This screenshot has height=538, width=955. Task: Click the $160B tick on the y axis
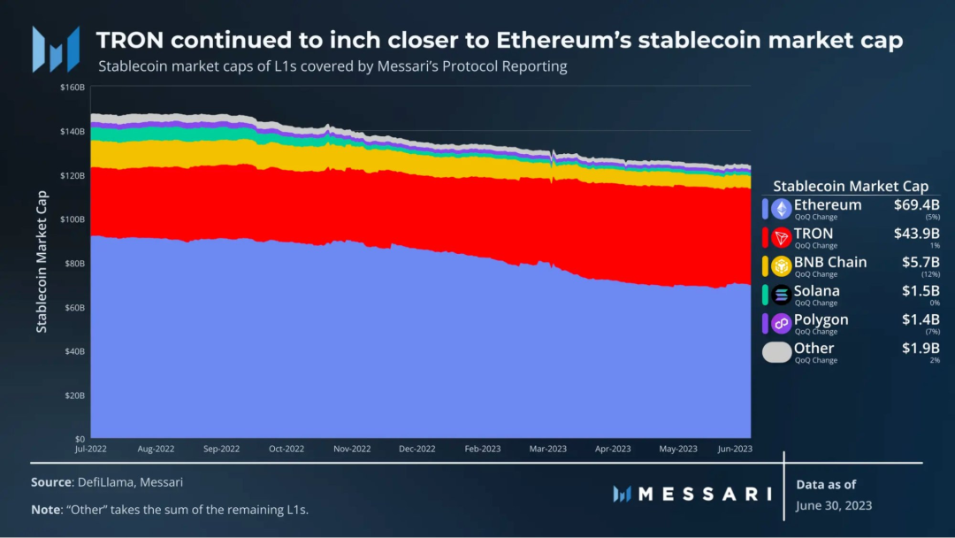(x=73, y=87)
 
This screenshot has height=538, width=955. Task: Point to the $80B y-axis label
(x=74, y=263)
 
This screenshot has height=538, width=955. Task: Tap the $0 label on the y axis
(x=80, y=439)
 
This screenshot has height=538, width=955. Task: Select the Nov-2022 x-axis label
(x=352, y=449)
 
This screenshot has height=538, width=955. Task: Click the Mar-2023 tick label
(x=547, y=449)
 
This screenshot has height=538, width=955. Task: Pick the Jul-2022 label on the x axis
(x=91, y=449)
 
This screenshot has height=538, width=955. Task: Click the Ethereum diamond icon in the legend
(x=782, y=209)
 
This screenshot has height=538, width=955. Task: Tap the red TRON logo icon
(x=782, y=238)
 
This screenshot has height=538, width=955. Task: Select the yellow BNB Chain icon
(x=782, y=266)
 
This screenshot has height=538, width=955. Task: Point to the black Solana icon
(x=782, y=295)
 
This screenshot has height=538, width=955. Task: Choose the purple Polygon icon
(x=782, y=324)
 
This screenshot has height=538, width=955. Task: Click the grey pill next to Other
(x=777, y=352)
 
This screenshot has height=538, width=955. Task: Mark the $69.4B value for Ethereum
(x=917, y=204)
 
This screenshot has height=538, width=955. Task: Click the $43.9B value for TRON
(x=917, y=234)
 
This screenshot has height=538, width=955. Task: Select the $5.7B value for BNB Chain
(x=921, y=262)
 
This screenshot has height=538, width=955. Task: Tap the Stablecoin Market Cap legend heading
(x=851, y=186)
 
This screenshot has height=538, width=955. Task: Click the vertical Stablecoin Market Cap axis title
(x=42, y=261)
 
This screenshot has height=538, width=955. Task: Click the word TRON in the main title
(x=130, y=40)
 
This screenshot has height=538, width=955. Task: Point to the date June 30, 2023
(x=834, y=506)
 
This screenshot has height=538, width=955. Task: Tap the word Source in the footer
(x=52, y=482)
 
